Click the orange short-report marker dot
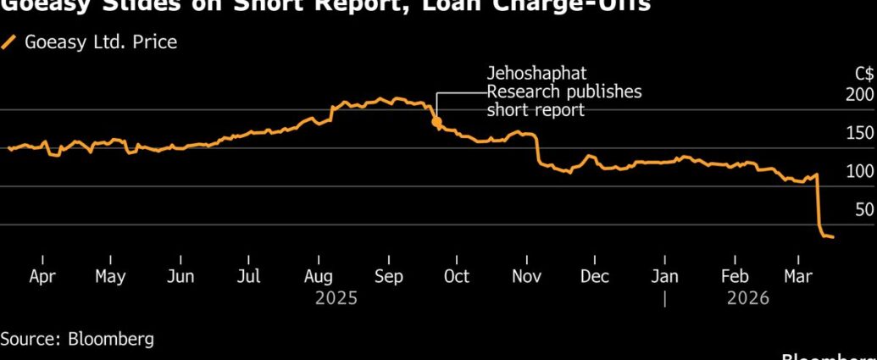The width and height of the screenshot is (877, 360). [436, 122]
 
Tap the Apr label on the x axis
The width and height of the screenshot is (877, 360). [42, 277]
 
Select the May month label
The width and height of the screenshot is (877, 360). [110, 277]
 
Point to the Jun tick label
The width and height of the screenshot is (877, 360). [180, 277]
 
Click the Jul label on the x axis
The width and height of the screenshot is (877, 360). [249, 277]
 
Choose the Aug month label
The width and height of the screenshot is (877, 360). [318, 277]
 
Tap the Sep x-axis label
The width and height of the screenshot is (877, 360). [388, 277]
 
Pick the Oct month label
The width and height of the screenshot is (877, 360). [457, 277]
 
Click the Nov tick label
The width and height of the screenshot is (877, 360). [527, 277]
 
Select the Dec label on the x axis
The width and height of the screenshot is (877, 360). [595, 277]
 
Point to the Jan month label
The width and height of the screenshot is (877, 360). [665, 277]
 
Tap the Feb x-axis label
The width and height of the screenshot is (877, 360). [735, 277]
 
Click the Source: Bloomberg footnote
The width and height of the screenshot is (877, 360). [77, 339]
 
